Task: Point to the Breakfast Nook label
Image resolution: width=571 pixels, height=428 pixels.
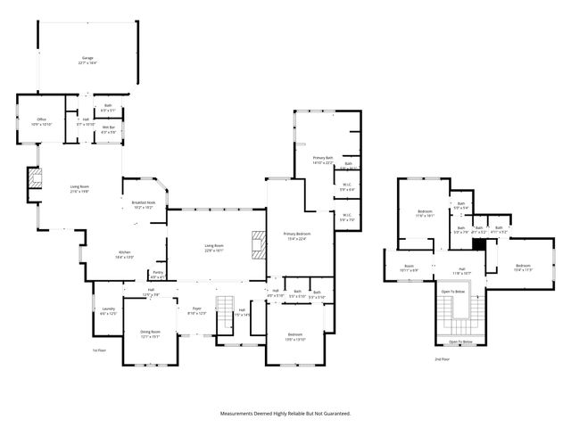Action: (144, 205)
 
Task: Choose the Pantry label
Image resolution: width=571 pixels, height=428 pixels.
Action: (157, 274)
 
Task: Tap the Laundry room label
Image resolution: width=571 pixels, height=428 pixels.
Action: (108, 311)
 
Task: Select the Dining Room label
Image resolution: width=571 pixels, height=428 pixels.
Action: (150, 333)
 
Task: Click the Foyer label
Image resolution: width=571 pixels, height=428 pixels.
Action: (196, 311)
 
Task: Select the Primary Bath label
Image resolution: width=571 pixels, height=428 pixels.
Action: (322, 160)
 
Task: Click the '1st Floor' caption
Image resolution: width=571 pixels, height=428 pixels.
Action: (100, 350)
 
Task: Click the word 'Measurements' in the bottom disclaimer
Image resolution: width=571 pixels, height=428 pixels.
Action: (241, 413)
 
